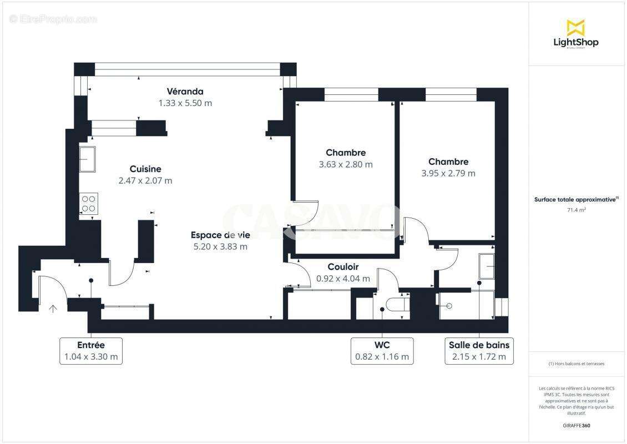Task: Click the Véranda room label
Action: point(185,92)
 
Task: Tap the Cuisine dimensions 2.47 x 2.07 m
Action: point(145,181)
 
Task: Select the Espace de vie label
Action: point(220,235)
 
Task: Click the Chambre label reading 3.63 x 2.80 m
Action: point(345,164)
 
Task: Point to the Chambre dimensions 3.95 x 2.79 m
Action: point(448,173)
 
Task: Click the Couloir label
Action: point(343,267)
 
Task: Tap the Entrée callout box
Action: point(90,351)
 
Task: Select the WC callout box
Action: point(382,351)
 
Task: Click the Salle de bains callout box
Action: point(479,351)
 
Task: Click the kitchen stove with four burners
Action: point(89,203)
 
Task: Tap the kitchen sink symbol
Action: point(87,160)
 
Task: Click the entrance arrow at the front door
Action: point(53,309)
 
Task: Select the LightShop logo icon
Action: point(575,27)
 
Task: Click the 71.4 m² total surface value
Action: point(577,210)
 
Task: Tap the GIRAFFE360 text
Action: point(577,426)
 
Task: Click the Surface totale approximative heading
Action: point(575,199)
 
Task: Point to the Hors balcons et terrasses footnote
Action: point(577,364)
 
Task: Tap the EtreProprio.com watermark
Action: point(53,19)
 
